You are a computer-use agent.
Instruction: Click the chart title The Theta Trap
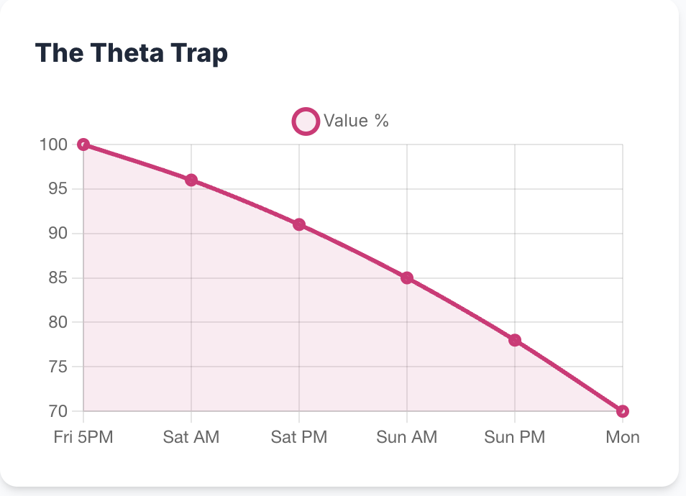click(x=132, y=53)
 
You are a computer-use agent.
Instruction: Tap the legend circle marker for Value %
click(x=306, y=121)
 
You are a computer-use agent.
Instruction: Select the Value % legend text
click(x=356, y=121)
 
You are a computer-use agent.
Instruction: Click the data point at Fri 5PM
click(x=83, y=144)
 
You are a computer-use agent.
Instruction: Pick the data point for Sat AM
click(x=191, y=180)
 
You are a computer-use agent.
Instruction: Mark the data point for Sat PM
click(x=299, y=224)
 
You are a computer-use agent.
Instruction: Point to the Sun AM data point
click(x=407, y=277)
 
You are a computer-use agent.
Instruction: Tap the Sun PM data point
click(x=515, y=340)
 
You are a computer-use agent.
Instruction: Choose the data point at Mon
click(x=623, y=411)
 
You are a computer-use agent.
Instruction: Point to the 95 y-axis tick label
click(x=58, y=189)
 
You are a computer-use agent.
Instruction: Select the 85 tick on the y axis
click(x=58, y=278)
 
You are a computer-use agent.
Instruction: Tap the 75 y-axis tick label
click(x=58, y=367)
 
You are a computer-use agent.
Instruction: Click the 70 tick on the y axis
click(x=58, y=412)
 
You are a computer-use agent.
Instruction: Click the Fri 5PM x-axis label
click(x=83, y=437)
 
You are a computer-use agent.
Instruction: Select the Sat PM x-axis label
click(x=299, y=437)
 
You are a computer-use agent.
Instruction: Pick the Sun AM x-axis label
click(x=407, y=437)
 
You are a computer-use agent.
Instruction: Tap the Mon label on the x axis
click(x=622, y=437)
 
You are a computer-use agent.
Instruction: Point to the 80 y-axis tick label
click(x=58, y=323)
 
